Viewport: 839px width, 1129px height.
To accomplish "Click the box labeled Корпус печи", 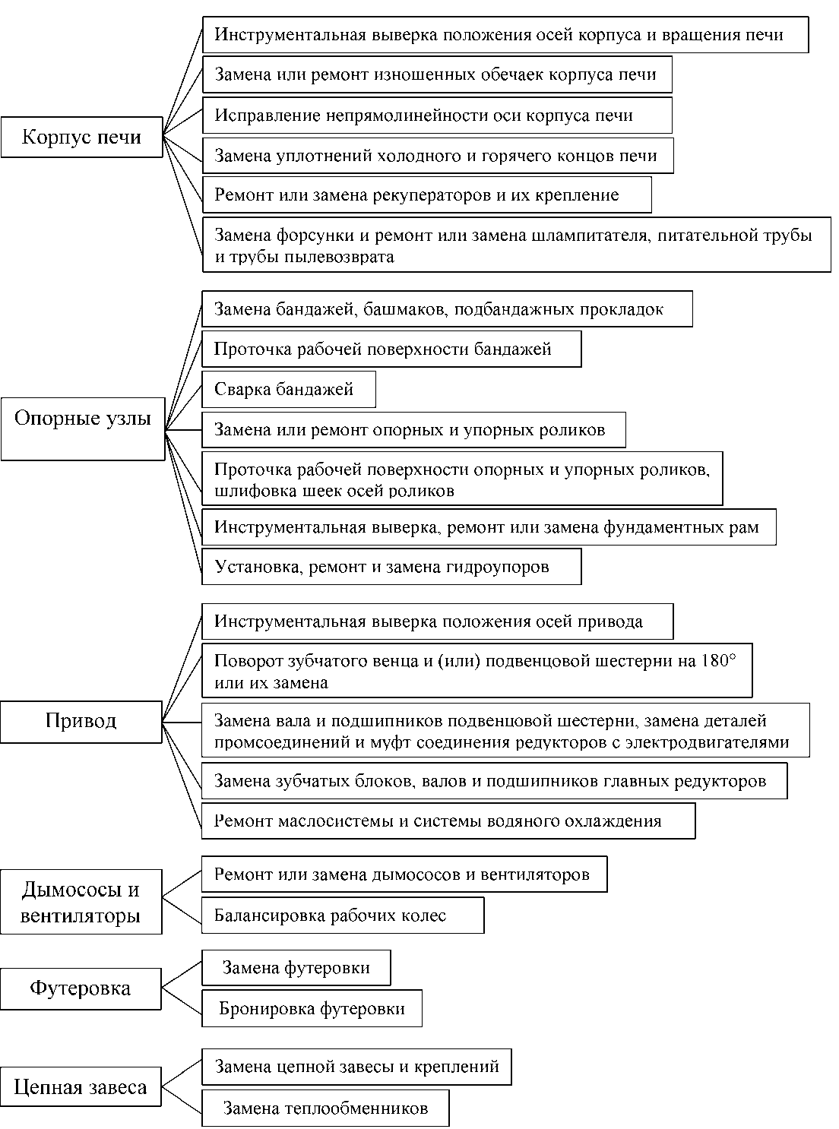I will click(x=81, y=137).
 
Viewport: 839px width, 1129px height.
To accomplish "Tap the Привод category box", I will click(x=81, y=721).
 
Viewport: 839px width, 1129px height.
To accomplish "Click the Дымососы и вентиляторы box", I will click(x=81, y=902).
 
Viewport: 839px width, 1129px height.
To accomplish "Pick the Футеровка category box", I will click(x=81, y=988).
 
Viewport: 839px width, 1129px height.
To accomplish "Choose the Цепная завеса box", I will click(x=81, y=1087).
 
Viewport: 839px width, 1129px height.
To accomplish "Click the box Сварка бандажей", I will click(x=288, y=390).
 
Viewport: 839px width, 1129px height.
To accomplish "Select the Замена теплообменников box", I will click(x=325, y=1108).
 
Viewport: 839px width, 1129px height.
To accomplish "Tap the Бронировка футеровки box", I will click(x=312, y=1008).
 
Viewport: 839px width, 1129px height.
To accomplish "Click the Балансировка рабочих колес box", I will click(x=342, y=916).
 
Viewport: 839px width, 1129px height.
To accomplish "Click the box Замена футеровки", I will click(x=296, y=968).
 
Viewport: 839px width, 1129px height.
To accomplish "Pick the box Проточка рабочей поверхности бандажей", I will click(x=391, y=349).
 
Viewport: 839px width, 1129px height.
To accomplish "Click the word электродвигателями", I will click(x=707, y=742).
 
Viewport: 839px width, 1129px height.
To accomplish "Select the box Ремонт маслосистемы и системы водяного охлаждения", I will click(x=448, y=821).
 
